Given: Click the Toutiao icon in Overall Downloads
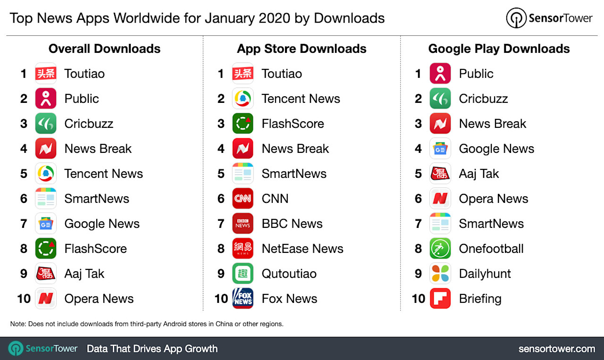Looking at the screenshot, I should [x=46, y=74].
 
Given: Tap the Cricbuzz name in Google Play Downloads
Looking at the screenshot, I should [x=483, y=99].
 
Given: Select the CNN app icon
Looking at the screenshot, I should [x=243, y=199].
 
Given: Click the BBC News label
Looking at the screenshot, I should [x=292, y=224].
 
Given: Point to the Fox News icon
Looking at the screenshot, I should [x=243, y=299].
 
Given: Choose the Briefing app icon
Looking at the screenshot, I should [x=440, y=299].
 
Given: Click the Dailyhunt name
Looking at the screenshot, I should [x=485, y=274].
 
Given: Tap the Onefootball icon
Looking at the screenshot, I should [x=440, y=249].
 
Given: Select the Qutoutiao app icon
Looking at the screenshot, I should [x=243, y=274].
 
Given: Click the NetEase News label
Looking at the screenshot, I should [x=302, y=249].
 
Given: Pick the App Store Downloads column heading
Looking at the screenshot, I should [x=302, y=49].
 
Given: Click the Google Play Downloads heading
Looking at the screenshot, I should [x=499, y=49].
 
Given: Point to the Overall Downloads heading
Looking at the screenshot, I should [x=104, y=49].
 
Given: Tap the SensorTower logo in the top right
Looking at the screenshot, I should [x=549, y=18].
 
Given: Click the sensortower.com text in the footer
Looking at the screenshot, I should [x=557, y=349].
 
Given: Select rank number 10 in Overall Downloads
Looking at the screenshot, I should [x=24, y=299].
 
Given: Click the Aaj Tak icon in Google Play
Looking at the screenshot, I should [x=440, y=174].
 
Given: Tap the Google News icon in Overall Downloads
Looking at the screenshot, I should [x=46, y=224].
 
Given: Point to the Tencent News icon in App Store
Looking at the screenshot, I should [x=243, y=99].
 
